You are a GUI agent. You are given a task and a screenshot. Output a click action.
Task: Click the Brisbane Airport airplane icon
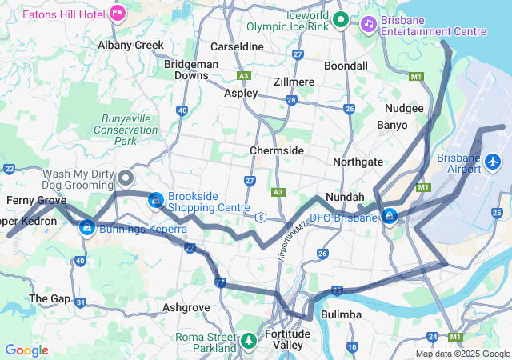[492, 162]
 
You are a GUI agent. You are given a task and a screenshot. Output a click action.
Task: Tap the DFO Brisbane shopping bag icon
[390, 217]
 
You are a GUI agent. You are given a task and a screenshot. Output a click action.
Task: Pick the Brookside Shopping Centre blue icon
[154, 199]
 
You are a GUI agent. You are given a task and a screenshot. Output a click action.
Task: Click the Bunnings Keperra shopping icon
[87, 229]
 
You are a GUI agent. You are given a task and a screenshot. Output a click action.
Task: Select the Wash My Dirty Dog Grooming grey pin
[126, 178]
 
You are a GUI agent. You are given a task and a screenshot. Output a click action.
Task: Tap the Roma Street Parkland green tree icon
[249, 342]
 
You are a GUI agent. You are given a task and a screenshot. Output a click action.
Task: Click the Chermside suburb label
[276, 150]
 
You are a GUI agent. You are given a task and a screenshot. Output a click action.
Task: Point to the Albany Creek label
[130, 45]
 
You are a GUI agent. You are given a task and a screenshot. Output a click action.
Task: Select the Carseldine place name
[236, 46]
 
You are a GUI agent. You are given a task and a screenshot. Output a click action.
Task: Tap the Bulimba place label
[342, 315]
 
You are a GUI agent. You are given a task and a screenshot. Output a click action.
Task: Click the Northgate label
[358, 162]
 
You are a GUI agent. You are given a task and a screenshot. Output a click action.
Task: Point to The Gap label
[43, 298]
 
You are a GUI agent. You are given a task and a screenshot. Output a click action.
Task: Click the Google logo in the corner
[26, 350]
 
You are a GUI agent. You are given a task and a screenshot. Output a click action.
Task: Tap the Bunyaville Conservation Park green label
[125, 129]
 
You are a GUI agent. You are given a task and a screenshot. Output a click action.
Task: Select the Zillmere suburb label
[292, 82]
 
